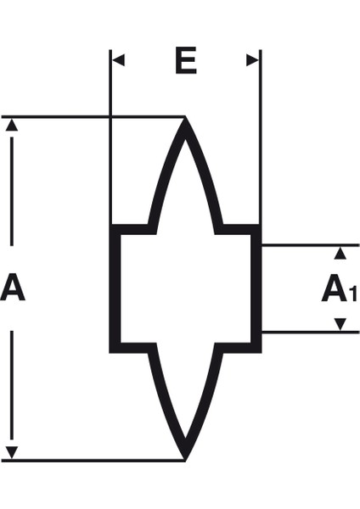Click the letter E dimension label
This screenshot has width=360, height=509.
pyautogui.click(x=186, y=60)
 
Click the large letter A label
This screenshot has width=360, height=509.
pyautogui.click(x=13, y=287)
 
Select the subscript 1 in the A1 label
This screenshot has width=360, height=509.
pyautogui.click(x=352, y=294)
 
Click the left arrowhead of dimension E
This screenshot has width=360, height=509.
pyautogui.click(x=119, y=60)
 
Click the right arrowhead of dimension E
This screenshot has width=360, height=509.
pyautogui.click(x=252, y=60)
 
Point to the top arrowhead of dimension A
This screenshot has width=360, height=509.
pyautogui.click(x=12, y=125)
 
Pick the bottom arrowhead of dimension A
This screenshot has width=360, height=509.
pyautogui.click(x=12, y=452)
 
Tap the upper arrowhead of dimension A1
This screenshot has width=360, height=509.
pyautogui.click(x=340, y=253)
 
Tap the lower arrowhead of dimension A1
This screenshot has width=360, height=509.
pyautogui.click(x=340, y=324)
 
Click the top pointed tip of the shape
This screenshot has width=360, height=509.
pyautogui.click(x=185, y=117)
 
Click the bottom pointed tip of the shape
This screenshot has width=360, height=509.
pyautogui.click(x=185, y=461)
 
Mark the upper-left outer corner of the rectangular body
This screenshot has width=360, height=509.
pyautogui.click(x=110, y=224)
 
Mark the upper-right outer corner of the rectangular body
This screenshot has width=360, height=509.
pyautogui.click(x=262, y=224)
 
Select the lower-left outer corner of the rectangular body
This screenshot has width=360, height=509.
pyautogui.click(x=110, y=353)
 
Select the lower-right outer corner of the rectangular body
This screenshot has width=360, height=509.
pyautogui.click(x=262, y=353)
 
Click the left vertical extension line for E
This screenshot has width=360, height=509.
pyautogui.click(x=110, y=137)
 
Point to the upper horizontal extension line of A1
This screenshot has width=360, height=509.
pyautogui.click(x=311, y=245)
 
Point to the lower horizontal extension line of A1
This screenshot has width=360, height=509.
pyautogui.click(x=311, y=332)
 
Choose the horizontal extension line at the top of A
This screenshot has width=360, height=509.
pyautogui.click(x=93, y=116)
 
